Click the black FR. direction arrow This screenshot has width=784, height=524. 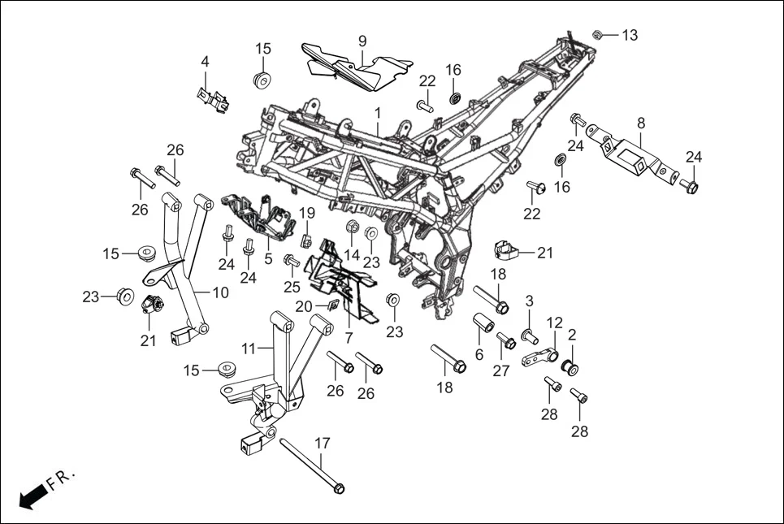pos(31,496)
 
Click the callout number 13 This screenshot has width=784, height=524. pos(630,35)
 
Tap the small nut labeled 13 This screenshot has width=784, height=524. pos(597,34)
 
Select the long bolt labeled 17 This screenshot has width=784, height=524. pos(313,463)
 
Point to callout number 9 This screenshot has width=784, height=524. pos(362,41)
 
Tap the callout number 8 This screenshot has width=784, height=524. pos(641,123)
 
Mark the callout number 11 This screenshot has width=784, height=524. pos(250,348)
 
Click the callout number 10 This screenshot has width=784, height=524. pos(221,292)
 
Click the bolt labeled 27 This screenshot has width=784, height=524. pos(505,341)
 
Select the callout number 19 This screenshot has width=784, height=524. pos(306,213)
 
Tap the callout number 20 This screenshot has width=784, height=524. pos(303,306)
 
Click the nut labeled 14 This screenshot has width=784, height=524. pos(353,225)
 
